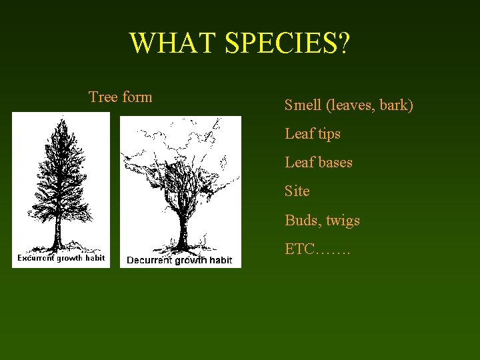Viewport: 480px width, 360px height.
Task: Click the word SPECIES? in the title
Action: (x=287, y=43)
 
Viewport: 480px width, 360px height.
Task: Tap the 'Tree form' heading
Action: (x=121, y=97)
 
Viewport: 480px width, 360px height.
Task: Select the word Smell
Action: (x=304, y=105)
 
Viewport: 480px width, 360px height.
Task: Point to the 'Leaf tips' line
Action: (x=313, y=134)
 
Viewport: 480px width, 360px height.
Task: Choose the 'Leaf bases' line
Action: (x=319, y=163)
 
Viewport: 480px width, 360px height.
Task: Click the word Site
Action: (x=297, y=191)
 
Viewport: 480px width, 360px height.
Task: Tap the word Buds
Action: (x=302, y=221)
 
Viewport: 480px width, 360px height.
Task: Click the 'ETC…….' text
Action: (x=317, y=249)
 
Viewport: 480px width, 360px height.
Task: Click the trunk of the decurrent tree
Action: (x=181, y=230)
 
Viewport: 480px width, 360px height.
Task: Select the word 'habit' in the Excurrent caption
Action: (x=95, y=258)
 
